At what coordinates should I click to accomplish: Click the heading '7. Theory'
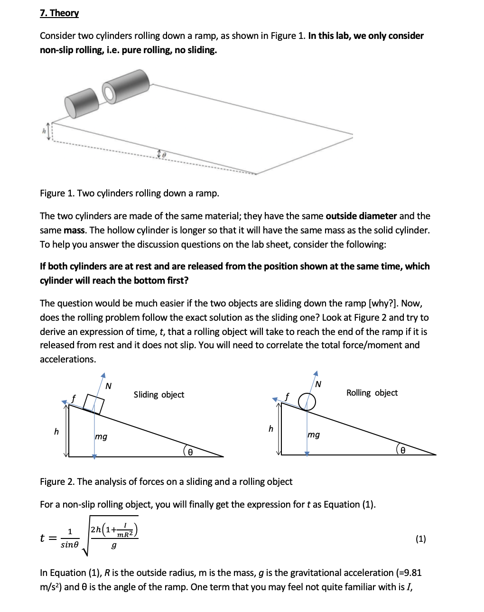59,13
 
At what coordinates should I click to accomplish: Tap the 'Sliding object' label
158,394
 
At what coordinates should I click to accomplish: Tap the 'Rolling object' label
372,392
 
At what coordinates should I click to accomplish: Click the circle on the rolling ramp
307,402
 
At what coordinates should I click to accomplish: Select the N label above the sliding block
108,386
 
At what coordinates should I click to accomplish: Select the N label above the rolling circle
318,383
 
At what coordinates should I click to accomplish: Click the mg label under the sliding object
101,436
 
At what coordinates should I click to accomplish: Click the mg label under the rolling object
313,434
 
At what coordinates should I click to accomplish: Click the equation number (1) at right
420,538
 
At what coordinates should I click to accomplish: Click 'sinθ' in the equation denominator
70,545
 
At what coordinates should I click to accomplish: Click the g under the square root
113,546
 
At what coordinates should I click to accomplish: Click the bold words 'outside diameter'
361,216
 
